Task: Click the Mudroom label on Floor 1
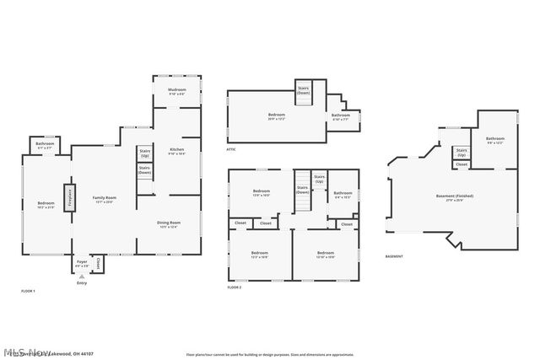pos(176,90)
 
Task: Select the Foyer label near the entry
pos(82,263)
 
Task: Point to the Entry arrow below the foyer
pos(82,277)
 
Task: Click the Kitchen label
pos(176,152)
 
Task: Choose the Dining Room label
pos(170,223)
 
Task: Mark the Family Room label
pos(105,199)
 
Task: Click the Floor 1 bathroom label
pos(45,145)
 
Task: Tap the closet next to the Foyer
pos(98,264)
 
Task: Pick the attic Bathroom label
pos(340,116)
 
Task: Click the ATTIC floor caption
pos(231,149)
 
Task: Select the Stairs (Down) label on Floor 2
pos(302,191)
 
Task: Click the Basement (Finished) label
pos(454,197)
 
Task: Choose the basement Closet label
pos(462,164)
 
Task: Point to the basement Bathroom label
pos(494,140)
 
